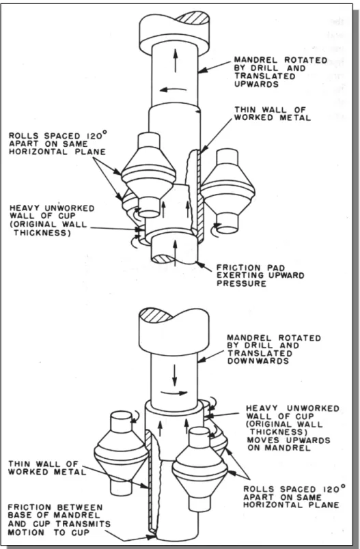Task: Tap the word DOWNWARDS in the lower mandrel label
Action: [258, 361]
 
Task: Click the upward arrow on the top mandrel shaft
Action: [176, 61]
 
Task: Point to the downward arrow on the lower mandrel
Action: [174, 375]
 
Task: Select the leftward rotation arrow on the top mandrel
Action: [173, 89]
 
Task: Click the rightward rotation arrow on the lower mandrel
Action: [175, 393]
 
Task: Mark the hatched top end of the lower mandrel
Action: [156, 315]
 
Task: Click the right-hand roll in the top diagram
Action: [227, 191]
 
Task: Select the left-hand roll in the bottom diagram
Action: [121, 453]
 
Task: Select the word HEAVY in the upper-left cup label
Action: [23, 208]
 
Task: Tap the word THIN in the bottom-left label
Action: [19, 464]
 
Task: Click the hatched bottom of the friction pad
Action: [163, 259]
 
